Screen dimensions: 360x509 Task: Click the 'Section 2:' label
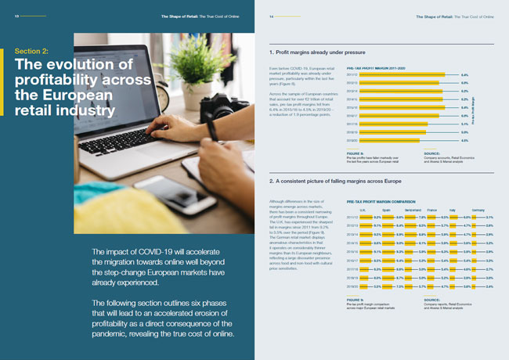pos(32,51)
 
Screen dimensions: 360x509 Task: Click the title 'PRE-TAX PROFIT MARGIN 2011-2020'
pos(376,68)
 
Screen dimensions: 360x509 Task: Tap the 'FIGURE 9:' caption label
pos(355,320)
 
